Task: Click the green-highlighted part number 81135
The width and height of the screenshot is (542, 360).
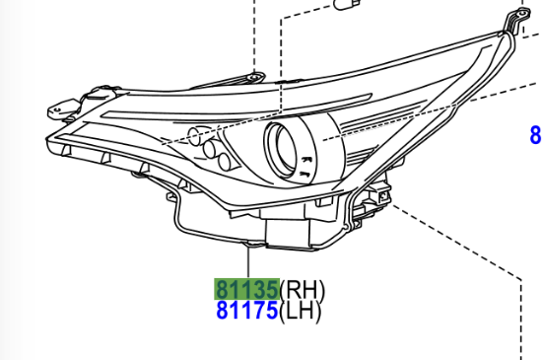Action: click(246, 289)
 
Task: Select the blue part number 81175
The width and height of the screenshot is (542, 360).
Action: click(246, 311)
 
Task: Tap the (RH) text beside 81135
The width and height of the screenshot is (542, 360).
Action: click(303, 290)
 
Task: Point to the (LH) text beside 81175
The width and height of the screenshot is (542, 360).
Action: click(300, 312)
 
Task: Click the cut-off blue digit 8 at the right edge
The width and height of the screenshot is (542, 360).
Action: click(536, 135)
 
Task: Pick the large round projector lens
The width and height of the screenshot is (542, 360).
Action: click(281, 151)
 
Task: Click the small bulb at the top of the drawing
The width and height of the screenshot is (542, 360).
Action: click(347, 4)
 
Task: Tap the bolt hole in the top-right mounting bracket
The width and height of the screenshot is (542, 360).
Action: click(523, 14)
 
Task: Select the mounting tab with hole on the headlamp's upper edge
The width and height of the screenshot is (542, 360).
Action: click(255, 77)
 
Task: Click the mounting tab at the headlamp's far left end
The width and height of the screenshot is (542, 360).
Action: click(62, 108)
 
